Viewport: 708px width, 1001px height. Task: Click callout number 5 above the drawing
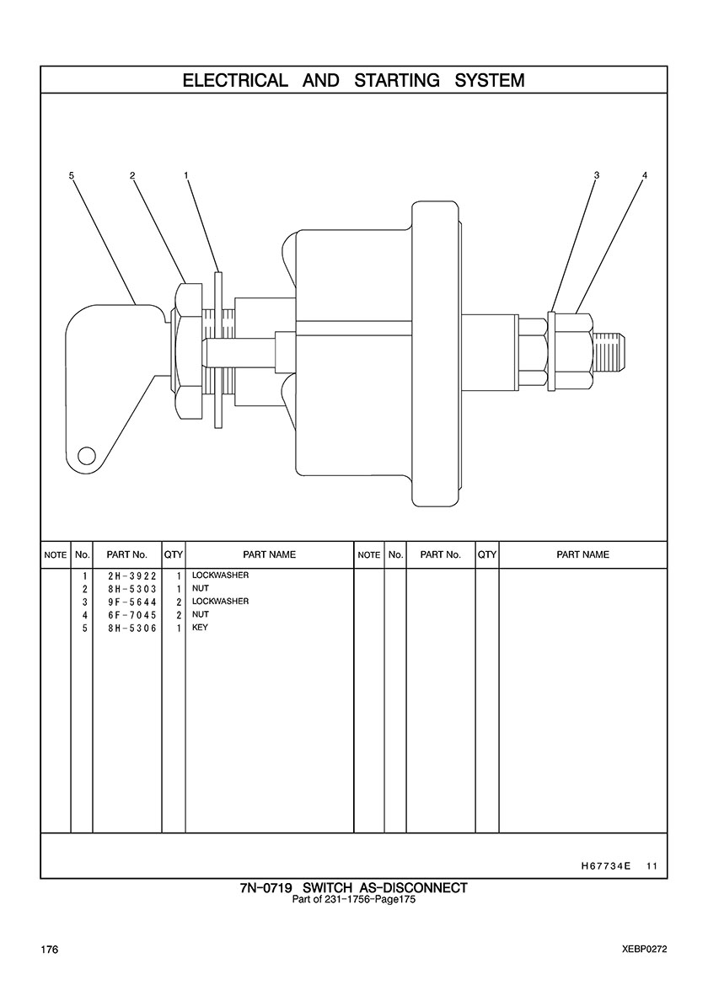[x=72, y=175]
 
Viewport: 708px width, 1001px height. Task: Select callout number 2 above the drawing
[x=132, y=175]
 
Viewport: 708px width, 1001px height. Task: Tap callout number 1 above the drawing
[x=185, y=175]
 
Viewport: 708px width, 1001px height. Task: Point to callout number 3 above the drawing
[x=596, y=175]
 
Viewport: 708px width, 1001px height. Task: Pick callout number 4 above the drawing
[x=644, y=175]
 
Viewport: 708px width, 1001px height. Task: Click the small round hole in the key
[x=86, y=456]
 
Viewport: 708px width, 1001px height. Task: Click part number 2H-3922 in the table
[x=126, y=575]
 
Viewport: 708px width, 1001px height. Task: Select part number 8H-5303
[x=126, y=588]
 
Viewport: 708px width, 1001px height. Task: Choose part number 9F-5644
[x=126, y=602]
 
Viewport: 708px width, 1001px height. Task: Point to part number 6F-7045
[x=126, y=615]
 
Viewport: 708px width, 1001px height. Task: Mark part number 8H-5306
[x=126, y=628]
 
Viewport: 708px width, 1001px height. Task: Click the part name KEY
[x=200, y=628]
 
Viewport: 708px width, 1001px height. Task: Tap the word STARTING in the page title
[x=397, y=81]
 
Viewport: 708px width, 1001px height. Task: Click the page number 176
[x=49, y=950]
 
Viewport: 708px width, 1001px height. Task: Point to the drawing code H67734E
[x=606, y=865]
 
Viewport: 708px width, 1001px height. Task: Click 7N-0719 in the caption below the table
[x=266, y=888]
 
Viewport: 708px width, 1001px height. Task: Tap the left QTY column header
[x=174, y=554]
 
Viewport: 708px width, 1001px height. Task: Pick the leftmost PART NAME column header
[x=269, y=554]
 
